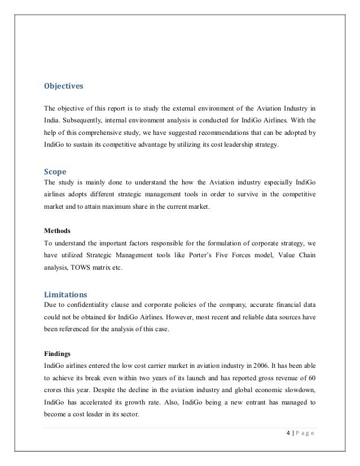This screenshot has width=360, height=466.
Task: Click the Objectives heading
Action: click(x=63, y=86)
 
